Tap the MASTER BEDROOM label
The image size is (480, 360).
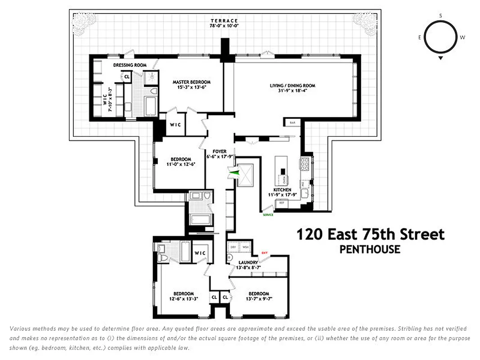(192, 82)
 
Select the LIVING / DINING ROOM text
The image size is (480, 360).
(292, 85)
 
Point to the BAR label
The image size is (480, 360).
(292, 122)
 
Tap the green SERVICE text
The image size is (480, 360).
(268, 215)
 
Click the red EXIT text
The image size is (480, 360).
(265, 253)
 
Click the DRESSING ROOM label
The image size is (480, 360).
(130, 65)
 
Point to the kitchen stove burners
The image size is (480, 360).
(305, 164)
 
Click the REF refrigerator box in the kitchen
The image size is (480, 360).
(282, 203)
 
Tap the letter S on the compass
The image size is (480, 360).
(440, 16)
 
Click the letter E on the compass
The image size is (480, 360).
(420, 37)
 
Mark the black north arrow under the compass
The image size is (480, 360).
(441, 58)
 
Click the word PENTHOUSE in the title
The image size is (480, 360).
(370, 249)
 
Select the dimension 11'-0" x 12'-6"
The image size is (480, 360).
(180, 164)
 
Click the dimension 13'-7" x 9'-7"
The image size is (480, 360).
(259, 299)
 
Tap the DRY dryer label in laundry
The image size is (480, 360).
(233, 247)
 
